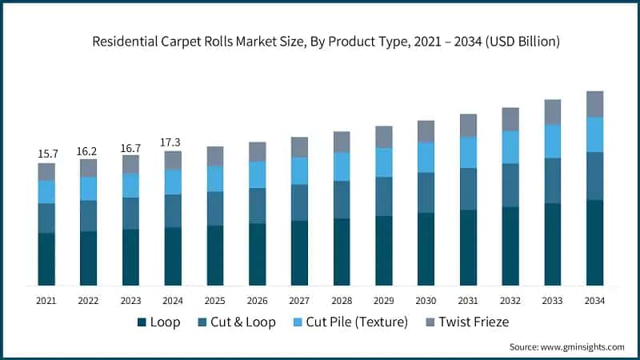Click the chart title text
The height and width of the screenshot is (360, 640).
click(320, 41)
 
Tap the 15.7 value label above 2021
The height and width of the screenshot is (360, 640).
click(46, 153)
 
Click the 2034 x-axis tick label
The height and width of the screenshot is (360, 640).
click(594, 300)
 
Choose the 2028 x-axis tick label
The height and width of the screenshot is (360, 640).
click(342, 300)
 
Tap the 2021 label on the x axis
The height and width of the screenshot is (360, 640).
click(46, 300)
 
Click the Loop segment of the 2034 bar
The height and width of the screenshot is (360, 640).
click(594, 242)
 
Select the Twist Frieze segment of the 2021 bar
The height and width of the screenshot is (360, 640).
click(46, 172)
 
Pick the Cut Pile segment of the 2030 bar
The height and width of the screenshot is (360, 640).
click(426, 157)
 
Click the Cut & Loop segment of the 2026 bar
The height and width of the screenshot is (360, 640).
click(257, 206)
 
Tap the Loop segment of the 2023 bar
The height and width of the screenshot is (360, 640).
click(130, 257)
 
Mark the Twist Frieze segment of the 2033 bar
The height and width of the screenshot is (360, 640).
click(552, 112)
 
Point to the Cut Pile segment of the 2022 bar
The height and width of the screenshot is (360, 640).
click(89, 188)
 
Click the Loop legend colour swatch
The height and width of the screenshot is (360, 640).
click(142, 322)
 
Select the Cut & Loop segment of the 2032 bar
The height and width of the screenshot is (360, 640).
click(510, 185)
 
